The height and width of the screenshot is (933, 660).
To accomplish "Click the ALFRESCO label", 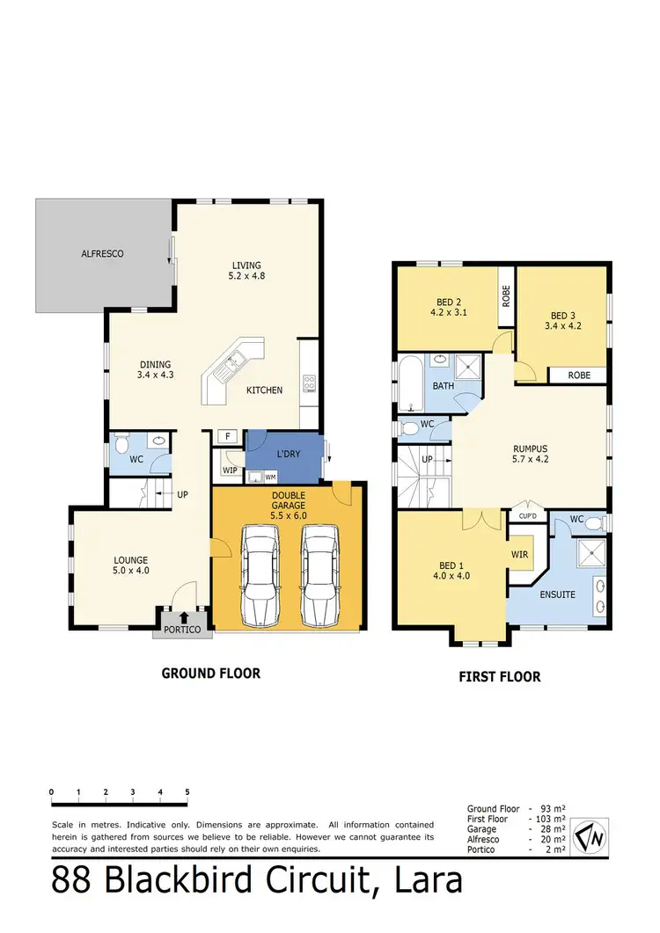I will tap(103, 253).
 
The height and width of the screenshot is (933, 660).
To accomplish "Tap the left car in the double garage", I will tap(260, 576).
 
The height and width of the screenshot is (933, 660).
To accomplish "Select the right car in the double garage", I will tap(319, 576).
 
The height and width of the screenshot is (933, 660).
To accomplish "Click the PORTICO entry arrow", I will tap(183, 619).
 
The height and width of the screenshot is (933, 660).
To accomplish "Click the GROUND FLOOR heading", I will tap(210, 674).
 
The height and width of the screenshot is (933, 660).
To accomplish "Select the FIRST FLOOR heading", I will tap(499, 676).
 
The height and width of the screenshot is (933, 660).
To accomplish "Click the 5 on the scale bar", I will tap(187, 791).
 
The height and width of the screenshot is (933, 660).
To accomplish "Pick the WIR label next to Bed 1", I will tap(519, 555).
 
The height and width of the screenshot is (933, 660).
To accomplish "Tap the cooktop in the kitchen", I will tap(310, 383).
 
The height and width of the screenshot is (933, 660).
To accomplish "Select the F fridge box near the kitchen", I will tap(227, 436).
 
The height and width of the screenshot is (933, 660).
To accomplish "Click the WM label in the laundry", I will tap(270, 477).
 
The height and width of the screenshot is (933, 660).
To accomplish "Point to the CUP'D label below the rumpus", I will tap(529, 516).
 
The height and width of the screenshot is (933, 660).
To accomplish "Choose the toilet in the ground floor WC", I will tap(121, 444).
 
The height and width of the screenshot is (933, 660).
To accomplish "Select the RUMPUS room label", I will tap(531, 446).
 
